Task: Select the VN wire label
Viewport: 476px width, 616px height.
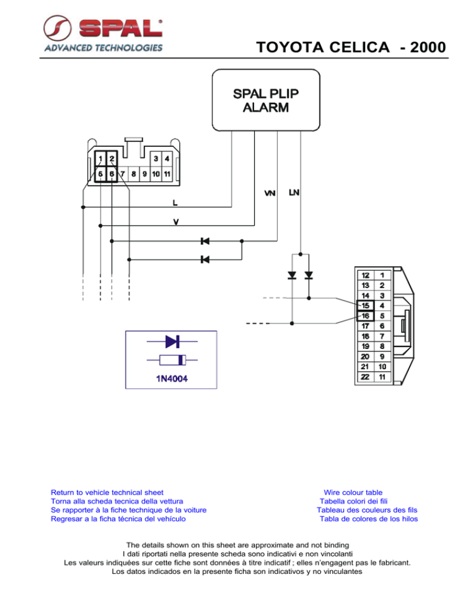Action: coord(270,194)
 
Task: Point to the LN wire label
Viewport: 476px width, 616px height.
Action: coord(295,193)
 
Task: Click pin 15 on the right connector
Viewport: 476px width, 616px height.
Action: coord(365,306)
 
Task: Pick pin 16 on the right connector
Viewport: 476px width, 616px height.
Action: coord(365,315)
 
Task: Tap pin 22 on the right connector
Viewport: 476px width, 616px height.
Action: coord(365,376)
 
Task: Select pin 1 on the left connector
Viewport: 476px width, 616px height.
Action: coord(100,159)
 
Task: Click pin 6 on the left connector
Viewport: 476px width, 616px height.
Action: coord(112,175)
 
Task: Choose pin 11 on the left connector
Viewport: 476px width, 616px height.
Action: coord(167,175)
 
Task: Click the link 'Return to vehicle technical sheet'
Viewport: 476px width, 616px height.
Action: coord(107,491)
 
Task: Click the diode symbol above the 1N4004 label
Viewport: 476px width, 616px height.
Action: coord(172,340)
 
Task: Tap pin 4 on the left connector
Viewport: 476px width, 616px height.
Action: coord(167,159)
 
